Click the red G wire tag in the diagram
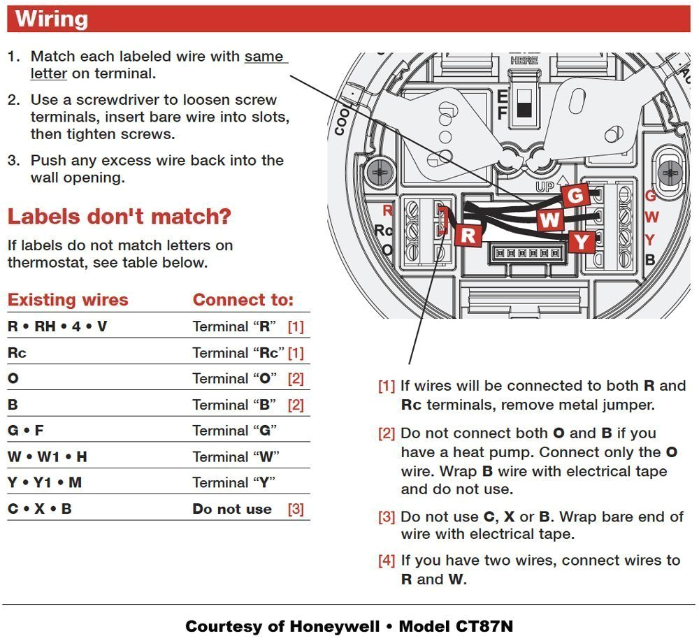[575, 196]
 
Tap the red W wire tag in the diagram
[551, 220]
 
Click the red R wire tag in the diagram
[468, 235]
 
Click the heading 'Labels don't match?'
[119, 216]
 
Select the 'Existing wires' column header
[68, 300]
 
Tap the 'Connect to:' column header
[243, 300]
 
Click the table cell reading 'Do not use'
[232, 509]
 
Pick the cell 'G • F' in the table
[25, 431]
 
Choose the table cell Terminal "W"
[236, 456]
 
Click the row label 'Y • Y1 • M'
[45, 482]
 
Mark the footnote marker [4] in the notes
[387, 561]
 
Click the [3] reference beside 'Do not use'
[296, 509]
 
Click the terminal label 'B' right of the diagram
[649, 259]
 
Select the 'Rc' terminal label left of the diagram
[384, 230]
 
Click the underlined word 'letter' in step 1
[48, 73]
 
